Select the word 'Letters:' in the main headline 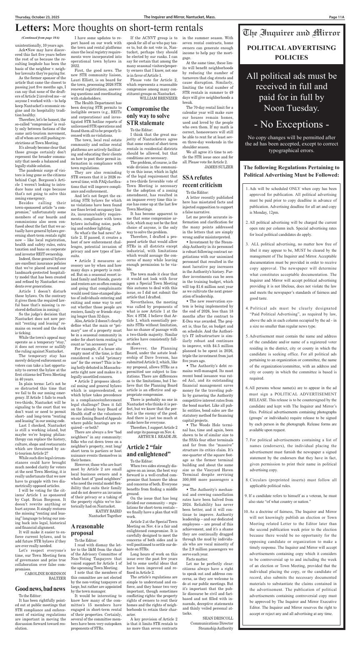(32, 28)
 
